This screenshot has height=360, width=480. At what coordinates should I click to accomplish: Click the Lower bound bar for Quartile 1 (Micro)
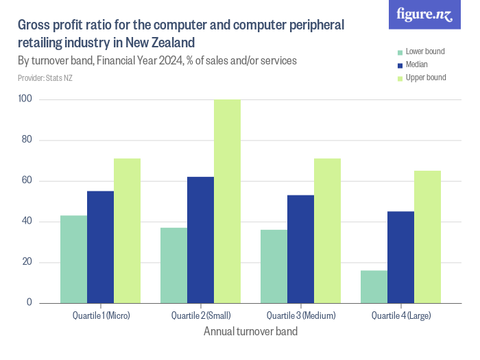tap(73, 259)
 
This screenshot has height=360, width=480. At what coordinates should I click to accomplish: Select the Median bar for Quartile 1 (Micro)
tap(100, 247)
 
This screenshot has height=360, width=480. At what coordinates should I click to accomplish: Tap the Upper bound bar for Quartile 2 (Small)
tap(227, 202)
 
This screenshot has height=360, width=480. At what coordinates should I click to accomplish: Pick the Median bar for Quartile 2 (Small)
tap(200, 240)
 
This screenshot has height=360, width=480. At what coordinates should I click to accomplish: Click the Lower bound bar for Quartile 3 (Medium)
tap(274, 266)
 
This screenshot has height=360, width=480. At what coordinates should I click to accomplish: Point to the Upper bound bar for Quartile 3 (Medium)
tap(327, 230)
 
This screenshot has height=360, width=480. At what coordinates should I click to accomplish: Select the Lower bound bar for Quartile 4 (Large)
tap(374, 287)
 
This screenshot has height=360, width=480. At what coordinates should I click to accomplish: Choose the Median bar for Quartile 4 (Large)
tap(400, 257)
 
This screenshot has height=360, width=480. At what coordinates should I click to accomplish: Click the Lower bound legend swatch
tap(398, 52)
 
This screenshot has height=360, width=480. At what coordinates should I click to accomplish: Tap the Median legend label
tap(417, 65)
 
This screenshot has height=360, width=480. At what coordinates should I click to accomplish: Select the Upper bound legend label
tap(425, 77)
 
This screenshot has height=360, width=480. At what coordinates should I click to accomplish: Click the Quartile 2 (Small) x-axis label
tap(200, 316)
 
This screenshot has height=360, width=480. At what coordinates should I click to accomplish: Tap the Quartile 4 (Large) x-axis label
tap(400, 316)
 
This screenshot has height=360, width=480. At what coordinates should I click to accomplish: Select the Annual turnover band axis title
tap(250, 331)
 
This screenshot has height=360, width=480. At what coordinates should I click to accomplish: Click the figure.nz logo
tap(425, 14)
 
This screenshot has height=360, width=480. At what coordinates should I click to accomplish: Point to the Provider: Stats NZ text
tap(45, 77)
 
